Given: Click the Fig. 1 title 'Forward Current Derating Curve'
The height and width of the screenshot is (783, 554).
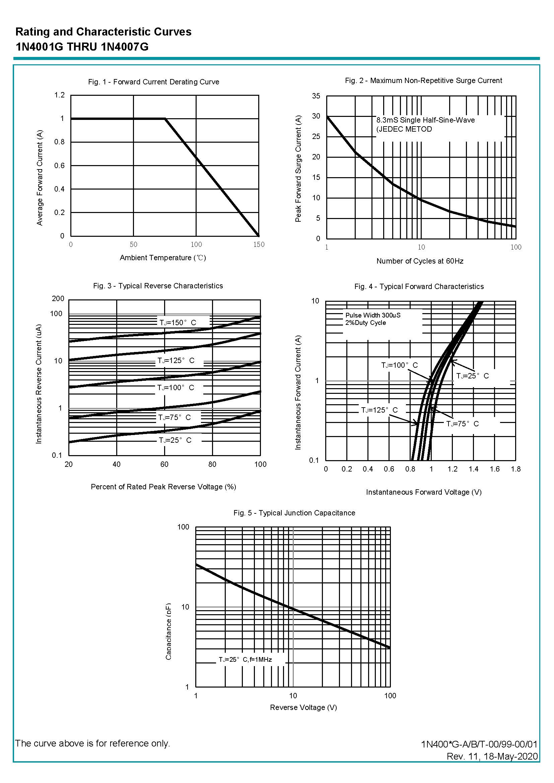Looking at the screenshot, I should click(153, 82).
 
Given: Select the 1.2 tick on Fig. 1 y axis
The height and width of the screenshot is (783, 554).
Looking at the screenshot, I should click(59, 95).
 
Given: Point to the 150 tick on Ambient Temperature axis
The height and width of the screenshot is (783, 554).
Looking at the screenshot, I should click(259, 244).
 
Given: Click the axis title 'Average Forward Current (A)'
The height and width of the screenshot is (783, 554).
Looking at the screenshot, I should click(40, 178).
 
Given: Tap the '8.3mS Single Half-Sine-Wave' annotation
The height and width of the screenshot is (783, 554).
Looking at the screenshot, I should click(425, 120).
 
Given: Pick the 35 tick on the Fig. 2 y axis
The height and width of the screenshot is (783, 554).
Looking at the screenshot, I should click(316, 96).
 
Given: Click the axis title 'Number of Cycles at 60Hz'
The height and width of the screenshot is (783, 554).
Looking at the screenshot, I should click(420, 261).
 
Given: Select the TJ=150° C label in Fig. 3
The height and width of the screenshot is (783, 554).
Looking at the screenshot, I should click(178, 323).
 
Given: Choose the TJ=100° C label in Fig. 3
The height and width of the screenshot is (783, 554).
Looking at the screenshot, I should click(175, 388).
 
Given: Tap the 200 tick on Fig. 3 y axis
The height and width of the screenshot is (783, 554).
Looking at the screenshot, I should click(58, 299).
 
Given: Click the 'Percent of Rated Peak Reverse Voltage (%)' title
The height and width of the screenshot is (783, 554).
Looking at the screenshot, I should click(163, 487).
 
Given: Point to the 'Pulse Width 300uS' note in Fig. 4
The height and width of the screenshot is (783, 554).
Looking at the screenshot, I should click(373, 315).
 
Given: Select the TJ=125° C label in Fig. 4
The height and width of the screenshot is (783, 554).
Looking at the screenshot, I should click(379, 410).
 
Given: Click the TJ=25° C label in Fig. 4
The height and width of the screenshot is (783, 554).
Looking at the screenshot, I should click(473, 376).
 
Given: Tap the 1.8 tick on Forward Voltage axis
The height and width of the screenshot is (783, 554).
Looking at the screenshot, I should click(515, 469).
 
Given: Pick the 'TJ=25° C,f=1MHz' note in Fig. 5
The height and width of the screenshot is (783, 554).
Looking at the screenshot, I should click(245, 659).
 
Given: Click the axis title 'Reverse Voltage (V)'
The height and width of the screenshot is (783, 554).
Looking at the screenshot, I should click(303, 708).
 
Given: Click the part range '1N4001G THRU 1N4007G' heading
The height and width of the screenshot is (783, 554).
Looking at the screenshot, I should click(82, 47).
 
